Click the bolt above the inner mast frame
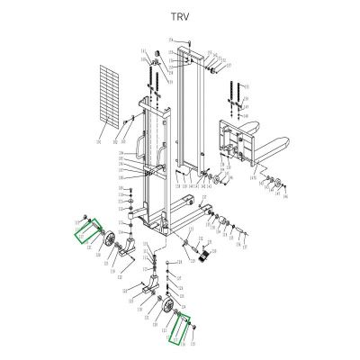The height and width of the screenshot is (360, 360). click(x=186, y=41)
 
